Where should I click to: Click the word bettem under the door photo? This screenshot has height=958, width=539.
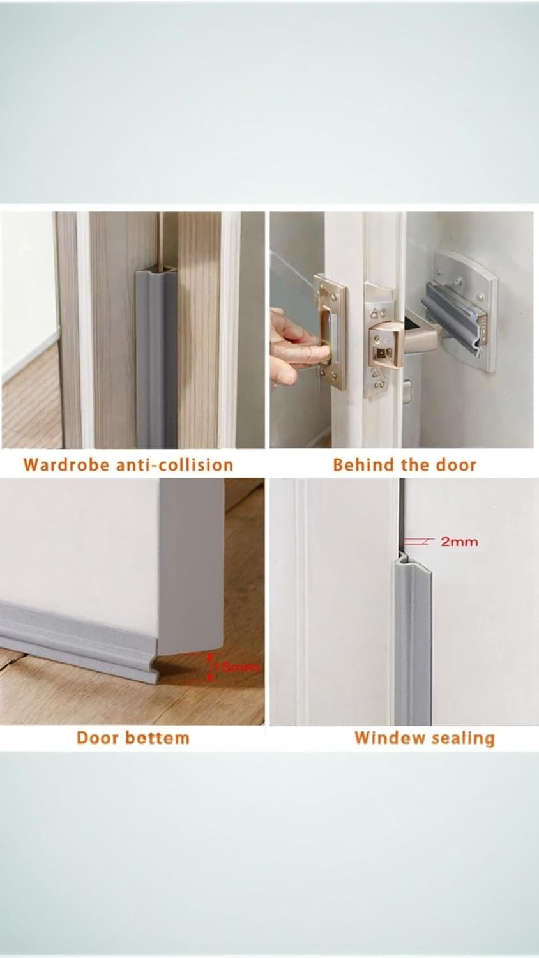tap(158, 738)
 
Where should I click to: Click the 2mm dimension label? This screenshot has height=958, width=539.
tap(459, 542)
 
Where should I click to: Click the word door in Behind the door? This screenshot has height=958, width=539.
tap(456, 464)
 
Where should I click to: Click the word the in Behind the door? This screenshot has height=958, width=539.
tap(415, 464)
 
